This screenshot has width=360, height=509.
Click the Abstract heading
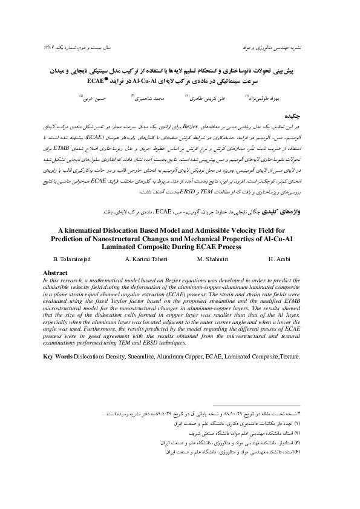point(51,273)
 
